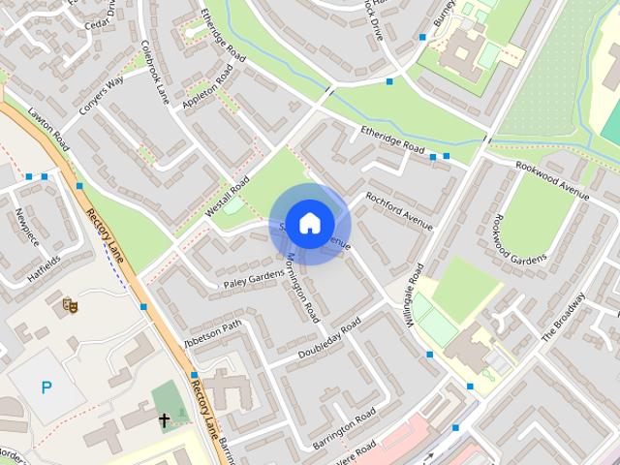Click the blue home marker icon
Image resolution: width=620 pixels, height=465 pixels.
[309, 223]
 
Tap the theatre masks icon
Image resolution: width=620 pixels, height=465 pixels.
[70, 305]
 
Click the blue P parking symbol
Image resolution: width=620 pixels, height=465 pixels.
[46, 387]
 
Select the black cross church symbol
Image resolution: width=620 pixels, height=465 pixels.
[165, 420]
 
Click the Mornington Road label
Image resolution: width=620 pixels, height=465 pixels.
[303, 287]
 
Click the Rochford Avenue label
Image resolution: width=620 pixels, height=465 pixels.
[398, 210]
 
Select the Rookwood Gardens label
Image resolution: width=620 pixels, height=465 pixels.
[520, 245]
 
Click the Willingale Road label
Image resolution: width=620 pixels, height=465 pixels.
[416, 296]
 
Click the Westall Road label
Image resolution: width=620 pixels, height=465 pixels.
[228, 197]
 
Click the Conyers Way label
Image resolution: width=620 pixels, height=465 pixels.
[102, 95]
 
